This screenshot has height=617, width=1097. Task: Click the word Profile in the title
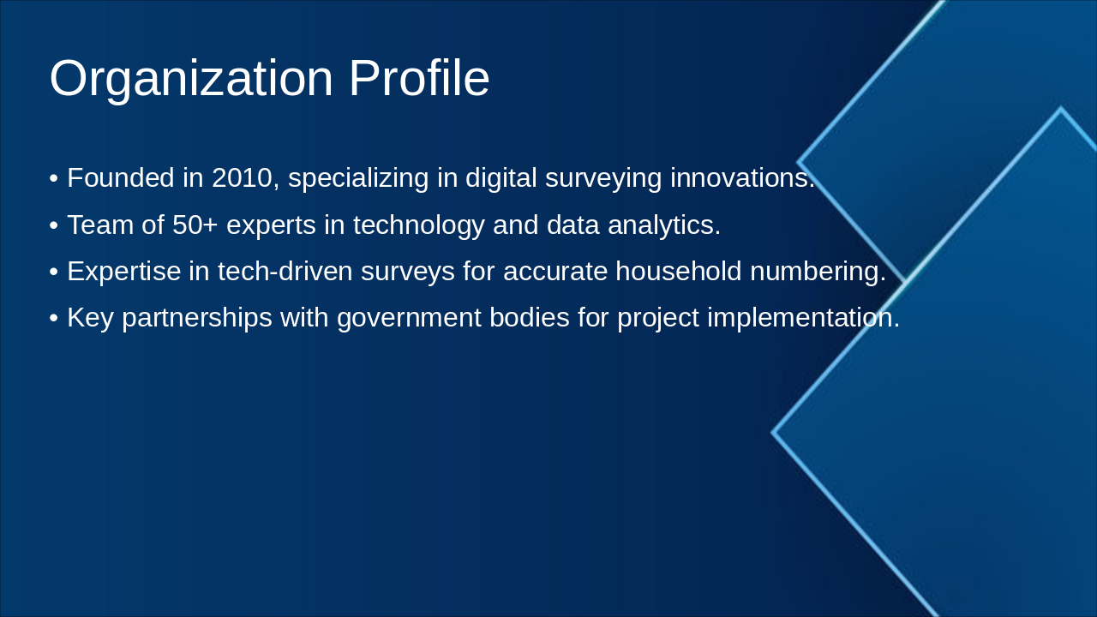coord(419,78)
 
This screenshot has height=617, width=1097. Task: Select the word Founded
coord(121,177)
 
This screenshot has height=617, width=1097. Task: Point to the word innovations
coord(742,177)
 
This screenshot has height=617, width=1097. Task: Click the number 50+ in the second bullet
coord(195,225)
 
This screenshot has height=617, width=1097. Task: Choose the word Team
coord(100,225)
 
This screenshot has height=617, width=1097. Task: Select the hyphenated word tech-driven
coord(285,271)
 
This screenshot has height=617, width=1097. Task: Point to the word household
coord(678,271)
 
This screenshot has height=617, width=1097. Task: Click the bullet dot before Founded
coord(54,179)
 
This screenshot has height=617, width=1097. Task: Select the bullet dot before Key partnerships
coord(54,319)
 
